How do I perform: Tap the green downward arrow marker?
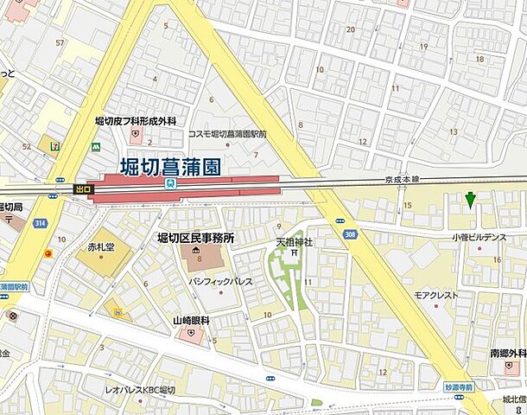click(470, 201)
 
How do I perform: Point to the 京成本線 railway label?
click(402, 180)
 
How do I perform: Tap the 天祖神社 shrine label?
click(294, 242)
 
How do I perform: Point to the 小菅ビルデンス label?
click(478, 236)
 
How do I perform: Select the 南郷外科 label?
click(508, 354)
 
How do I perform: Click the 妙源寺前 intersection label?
click(459, 386)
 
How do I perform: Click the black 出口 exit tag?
click(83, 188)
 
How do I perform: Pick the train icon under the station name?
click(171, 183)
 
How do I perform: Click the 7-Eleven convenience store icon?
click(56, 145)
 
